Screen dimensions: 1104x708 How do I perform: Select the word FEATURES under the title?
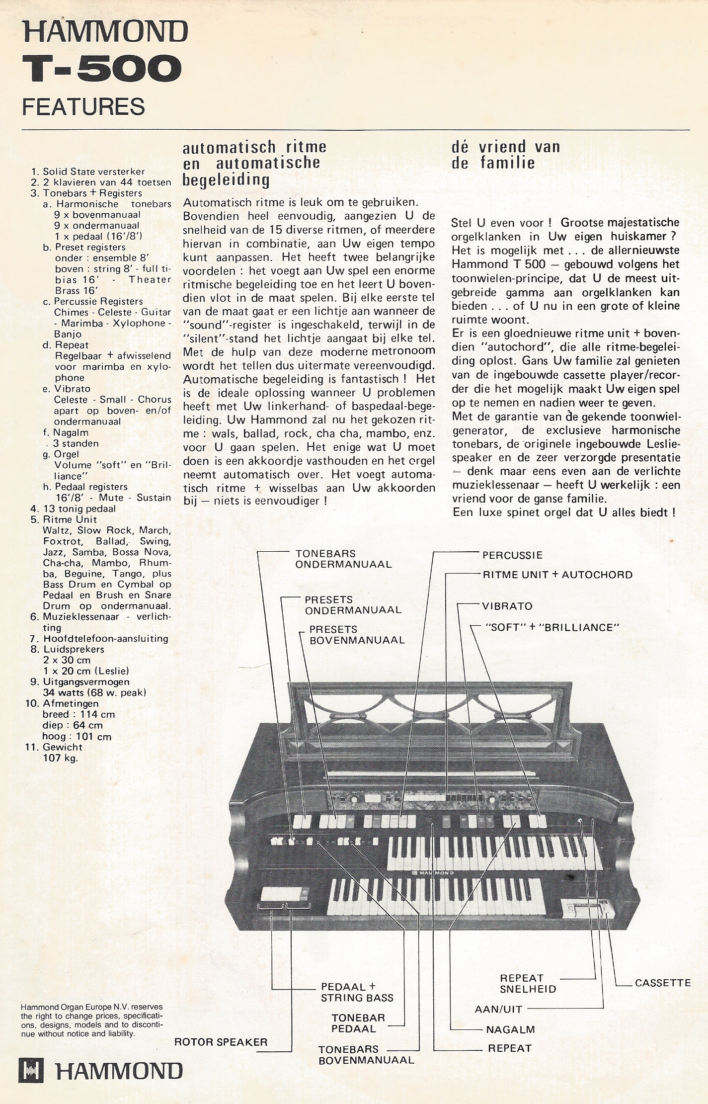(x=84, y=106)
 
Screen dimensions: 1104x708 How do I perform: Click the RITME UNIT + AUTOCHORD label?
(x=557, y=575)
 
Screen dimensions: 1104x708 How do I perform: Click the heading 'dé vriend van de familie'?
(x=505, y=155)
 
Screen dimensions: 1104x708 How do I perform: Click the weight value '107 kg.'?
(x=61, y=758)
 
